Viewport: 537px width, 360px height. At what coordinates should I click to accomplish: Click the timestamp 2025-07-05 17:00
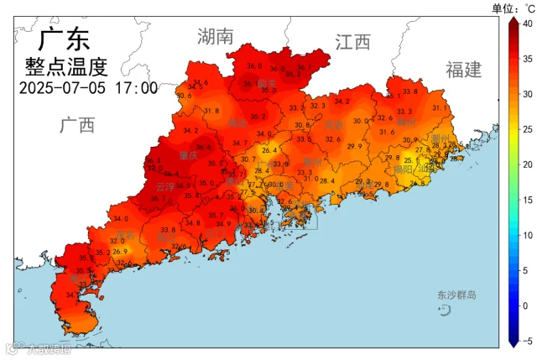[x=88, y=87]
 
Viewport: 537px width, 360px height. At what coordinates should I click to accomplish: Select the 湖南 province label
[x=216, y=36]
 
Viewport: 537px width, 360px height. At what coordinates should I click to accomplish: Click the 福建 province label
[x=464, y=70]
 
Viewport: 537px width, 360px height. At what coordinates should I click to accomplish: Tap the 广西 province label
[x=77, y=126]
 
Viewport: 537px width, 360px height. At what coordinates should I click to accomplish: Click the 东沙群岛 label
[x=456, y=295]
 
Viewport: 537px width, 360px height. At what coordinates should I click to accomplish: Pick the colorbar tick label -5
[x=526, y=342]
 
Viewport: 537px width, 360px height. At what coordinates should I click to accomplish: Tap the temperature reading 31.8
[x=211, y=111]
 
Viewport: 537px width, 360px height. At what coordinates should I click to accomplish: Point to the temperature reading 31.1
[x=439, y=107]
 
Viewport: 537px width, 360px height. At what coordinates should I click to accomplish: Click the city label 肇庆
[x=189, y=156]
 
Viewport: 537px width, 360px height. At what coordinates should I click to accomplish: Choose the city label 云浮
[x=165, y=187]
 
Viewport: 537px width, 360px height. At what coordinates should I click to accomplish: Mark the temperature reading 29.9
[x=354, y=146]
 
